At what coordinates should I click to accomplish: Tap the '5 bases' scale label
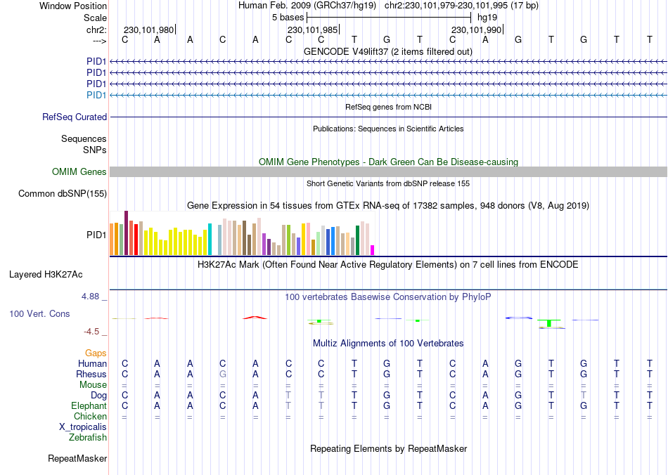click(x=288, y=17)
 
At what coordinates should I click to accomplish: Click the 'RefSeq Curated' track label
click(x=75, y=117)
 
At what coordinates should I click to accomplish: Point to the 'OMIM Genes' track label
click(x=79, y=172)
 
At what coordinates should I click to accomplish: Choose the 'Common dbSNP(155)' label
click(x=63, y=193)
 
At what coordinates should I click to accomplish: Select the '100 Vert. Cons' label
click(x=39, y=313)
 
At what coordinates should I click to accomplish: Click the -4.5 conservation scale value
click(x=93, y=332)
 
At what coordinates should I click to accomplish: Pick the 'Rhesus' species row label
click(x=91, y=375)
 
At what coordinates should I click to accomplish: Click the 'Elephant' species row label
click(x=89, y=406)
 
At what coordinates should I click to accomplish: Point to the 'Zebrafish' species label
click(x=88, y=438)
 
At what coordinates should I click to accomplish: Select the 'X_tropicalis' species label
click(x=83, y=427)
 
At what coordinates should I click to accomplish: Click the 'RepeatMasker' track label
click(x=77, y=459)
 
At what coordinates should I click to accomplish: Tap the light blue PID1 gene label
click(x=96, y=95)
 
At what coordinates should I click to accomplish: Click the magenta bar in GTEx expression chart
click(x=373, y=250)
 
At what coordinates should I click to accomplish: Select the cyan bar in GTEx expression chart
click(x=210, y=240)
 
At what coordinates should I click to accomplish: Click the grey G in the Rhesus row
click(x=223, y=375)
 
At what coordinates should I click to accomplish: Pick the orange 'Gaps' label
click(x=96, y=353)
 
